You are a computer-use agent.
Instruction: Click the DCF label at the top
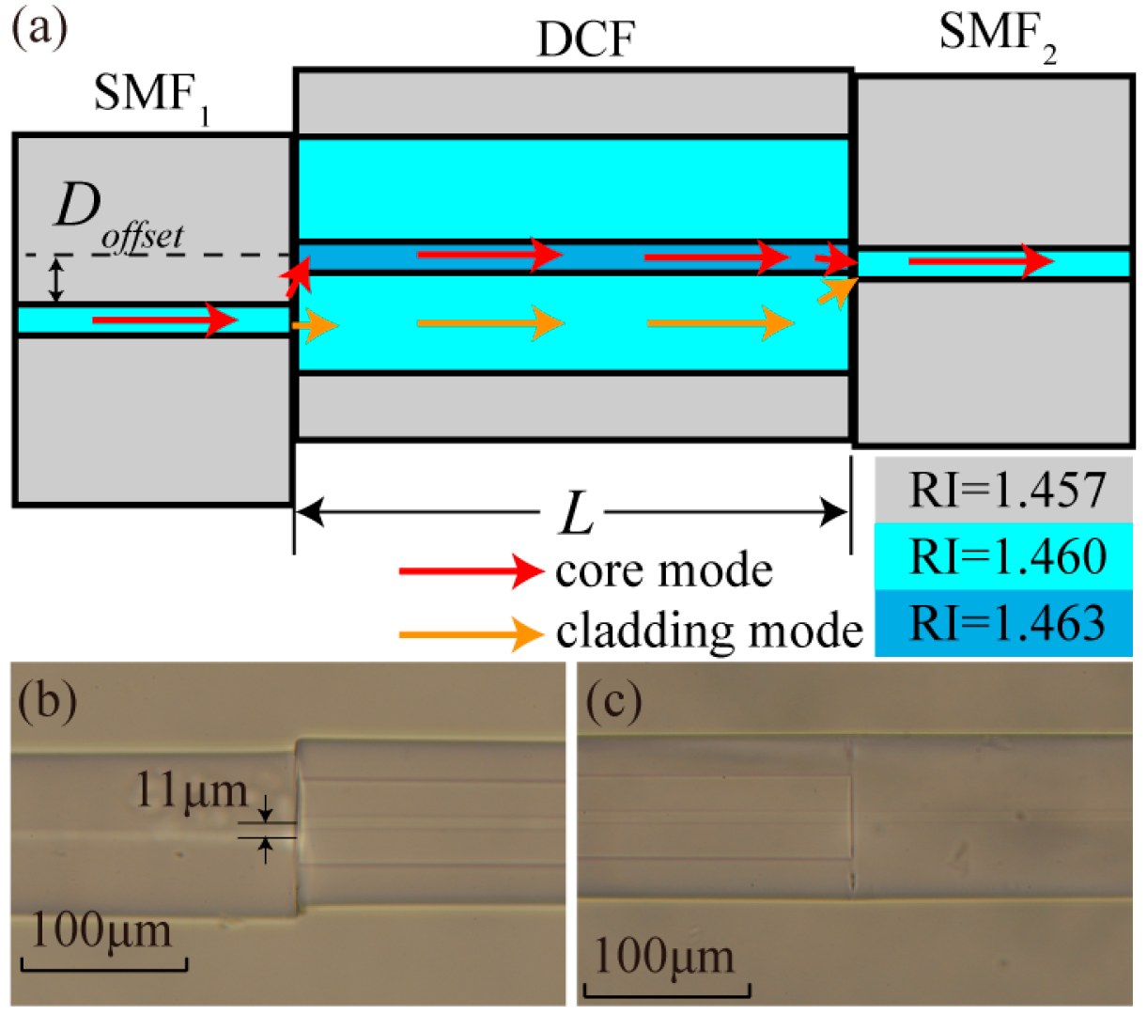585,39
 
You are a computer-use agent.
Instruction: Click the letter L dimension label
576,514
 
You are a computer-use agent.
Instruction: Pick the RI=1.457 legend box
1004,490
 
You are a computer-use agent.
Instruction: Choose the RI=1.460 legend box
1004,556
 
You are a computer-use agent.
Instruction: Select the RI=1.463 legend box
1004,622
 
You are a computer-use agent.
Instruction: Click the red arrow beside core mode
471,570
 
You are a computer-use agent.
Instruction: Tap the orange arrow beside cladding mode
471,633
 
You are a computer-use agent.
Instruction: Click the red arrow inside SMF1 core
164,321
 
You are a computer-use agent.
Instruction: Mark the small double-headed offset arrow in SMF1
57,280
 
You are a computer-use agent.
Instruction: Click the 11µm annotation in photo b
191,791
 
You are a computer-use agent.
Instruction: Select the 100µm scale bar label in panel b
102,930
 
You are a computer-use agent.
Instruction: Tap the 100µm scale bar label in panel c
664,957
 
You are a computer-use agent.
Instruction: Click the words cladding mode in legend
709,632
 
